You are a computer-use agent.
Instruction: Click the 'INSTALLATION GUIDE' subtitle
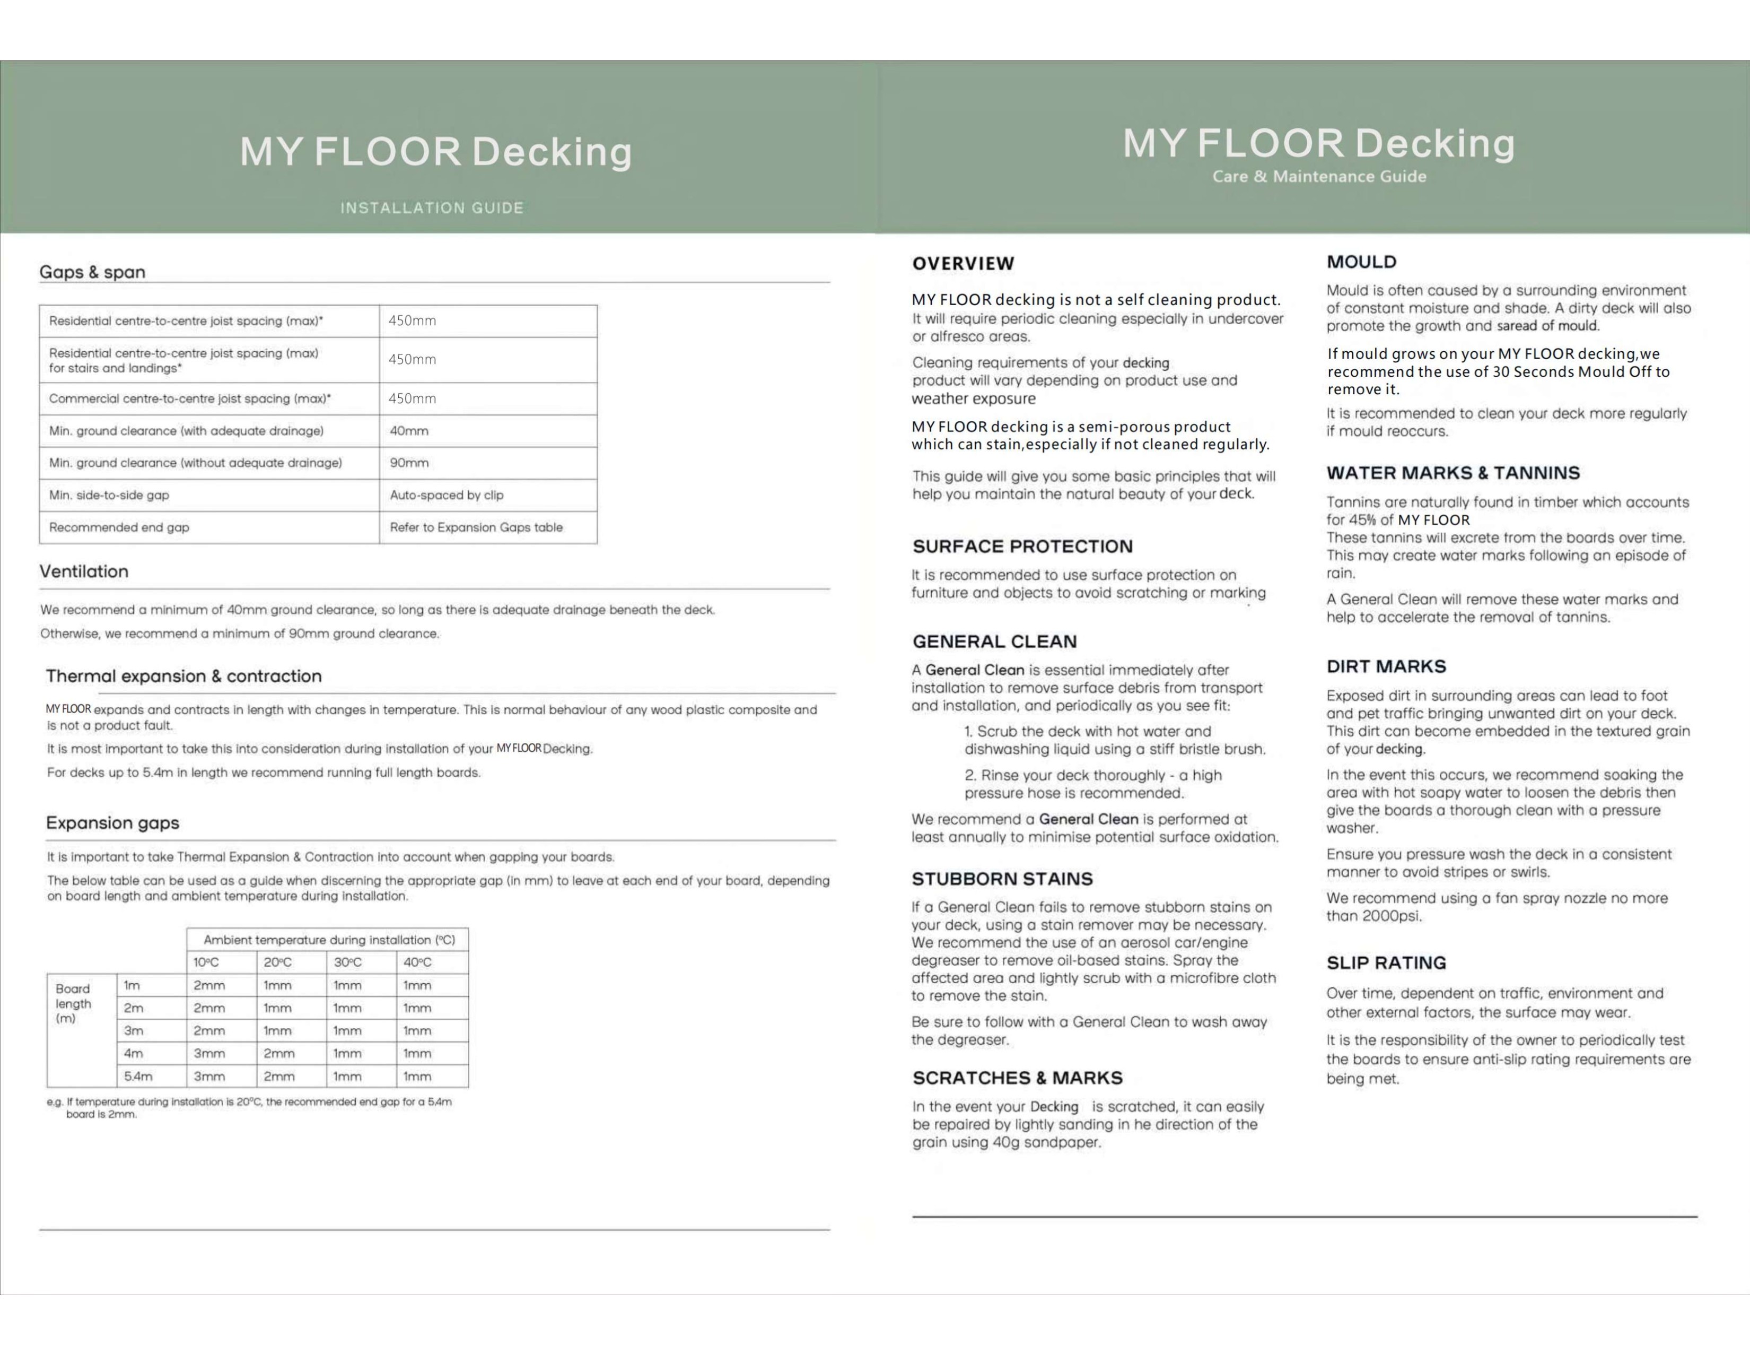click(432, 207)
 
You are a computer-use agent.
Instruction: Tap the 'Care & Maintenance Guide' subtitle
click(1319, 176)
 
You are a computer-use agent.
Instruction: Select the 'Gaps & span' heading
click(92, 272)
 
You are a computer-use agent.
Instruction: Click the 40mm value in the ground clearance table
click(409, 430)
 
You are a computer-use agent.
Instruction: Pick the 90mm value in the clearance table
click(409, 463)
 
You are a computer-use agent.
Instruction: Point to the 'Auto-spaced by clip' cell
click(447, 495)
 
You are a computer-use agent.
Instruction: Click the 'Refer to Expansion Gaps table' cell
click(476, 527)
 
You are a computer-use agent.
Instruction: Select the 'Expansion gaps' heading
click(112, 822)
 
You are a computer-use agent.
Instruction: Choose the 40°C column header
click(417, 962)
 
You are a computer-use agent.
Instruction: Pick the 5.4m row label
click(138, 1076)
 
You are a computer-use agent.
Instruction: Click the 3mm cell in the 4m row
click(209, 1053)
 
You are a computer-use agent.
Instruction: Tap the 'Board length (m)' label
click(73, 1003)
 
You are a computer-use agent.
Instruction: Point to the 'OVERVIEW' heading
click(963, 263)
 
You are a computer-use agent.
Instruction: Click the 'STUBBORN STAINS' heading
click(1002, 879)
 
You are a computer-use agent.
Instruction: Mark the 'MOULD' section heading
click(1361, 261)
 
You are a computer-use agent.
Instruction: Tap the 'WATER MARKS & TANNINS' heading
click(1452, 473)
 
